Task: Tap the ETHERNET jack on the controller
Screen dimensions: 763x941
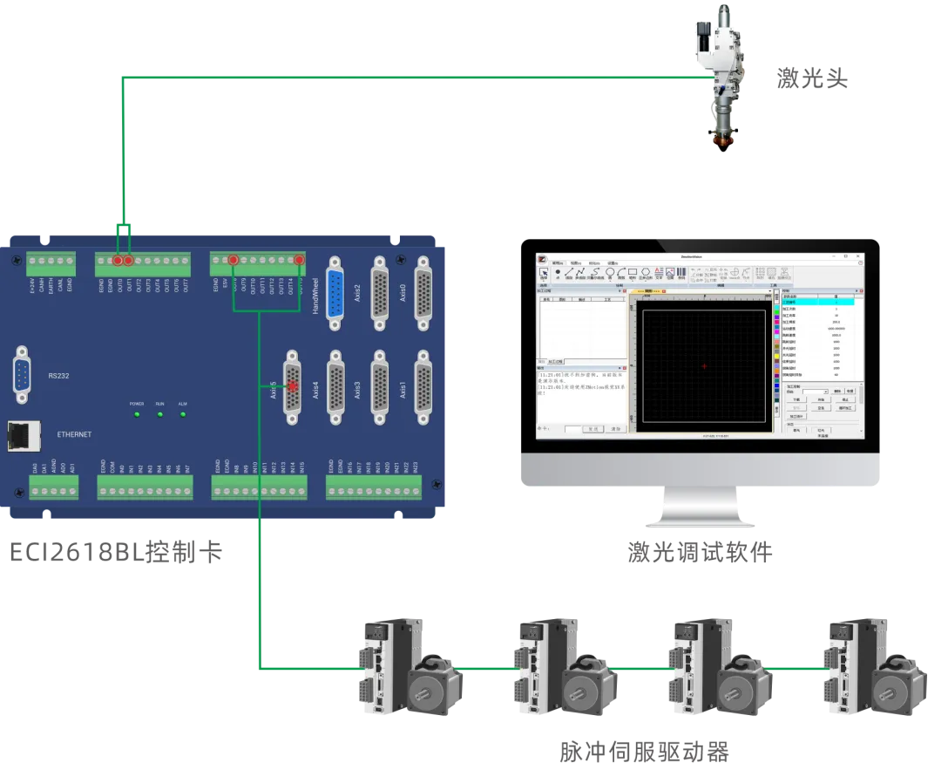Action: [21, 434]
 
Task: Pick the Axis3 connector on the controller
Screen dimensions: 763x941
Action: [380, 387]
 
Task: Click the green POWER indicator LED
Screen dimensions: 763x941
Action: [137, 414]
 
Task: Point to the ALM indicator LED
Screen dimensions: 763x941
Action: [183, 414]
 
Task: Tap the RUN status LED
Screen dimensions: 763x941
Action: [159, 414]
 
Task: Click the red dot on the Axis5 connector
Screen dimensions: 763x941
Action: [293, 385]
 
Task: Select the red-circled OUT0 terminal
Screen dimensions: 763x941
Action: [118, 260]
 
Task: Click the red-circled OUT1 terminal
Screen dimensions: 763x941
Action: [129, 260]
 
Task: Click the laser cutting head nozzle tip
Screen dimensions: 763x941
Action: [722, 145]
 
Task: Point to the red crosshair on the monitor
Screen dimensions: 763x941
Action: [704, 366]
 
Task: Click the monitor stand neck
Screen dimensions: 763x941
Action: [700, 506]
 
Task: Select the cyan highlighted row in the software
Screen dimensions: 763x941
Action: [820, 302]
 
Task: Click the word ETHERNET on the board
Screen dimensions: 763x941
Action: [74, 434]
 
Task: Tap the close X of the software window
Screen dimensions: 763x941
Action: [858, 256]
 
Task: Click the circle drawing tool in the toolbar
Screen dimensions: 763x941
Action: [610, 272]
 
